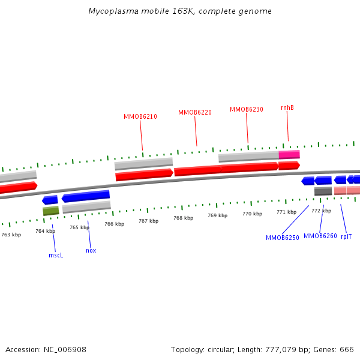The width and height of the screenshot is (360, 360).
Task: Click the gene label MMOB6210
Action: coord(140,116)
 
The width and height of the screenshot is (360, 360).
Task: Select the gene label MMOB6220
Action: coord(195,113)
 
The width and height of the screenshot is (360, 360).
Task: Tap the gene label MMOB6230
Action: coord(247,109)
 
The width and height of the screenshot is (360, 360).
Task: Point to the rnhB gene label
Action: coord(287,107)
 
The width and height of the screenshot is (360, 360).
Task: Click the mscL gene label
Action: coord(56,255)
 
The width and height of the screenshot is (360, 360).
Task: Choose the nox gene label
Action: coord(91,250)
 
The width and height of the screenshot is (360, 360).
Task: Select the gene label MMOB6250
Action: coord(283,238)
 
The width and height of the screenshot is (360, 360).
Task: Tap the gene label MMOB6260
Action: coord(320,236)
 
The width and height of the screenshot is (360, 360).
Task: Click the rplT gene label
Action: coord(346,236)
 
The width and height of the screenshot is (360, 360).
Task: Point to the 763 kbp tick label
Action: coord(11,235)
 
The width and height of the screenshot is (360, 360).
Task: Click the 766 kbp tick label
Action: coord(114,224)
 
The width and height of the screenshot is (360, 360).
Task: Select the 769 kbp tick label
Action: coord(218,215)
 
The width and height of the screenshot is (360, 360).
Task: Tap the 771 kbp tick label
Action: coord(287,212)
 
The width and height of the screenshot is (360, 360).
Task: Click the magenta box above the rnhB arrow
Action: coord(289,154)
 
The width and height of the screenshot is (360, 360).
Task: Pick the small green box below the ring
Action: coord(51,211)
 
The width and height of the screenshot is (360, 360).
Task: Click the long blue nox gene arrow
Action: coord(86,196)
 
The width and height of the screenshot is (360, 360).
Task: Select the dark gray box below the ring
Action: coord(323,191)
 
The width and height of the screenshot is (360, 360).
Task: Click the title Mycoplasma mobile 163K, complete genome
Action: coord(180,11)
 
